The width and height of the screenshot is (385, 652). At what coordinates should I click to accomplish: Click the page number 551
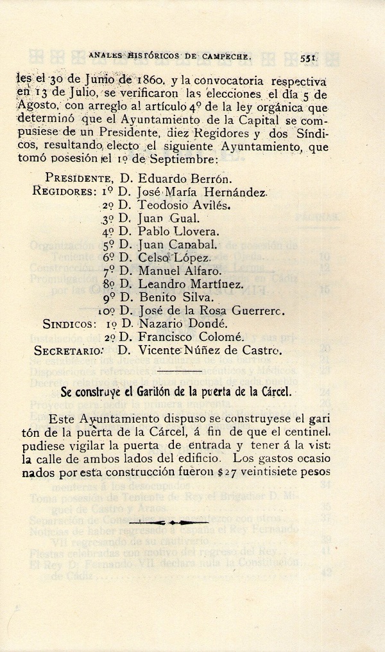pos(310,57)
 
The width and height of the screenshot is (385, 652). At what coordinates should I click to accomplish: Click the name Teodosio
pos(160,206)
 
